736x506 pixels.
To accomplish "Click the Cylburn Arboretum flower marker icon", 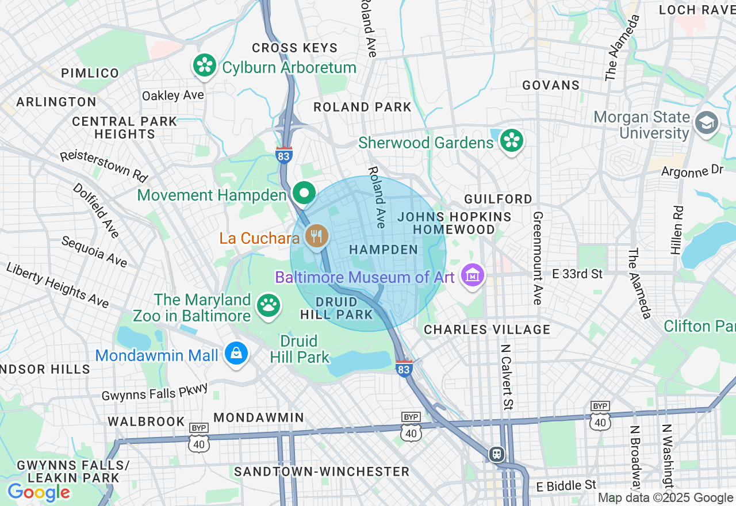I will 204,66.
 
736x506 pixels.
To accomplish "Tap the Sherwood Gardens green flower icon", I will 511,141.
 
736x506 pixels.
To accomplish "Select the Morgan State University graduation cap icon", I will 706,123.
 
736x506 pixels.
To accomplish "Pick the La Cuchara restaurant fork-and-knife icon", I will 316,236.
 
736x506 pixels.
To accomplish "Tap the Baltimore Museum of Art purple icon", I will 473,276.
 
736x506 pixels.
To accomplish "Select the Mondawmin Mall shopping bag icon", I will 236,354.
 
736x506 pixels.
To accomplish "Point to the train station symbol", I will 496,454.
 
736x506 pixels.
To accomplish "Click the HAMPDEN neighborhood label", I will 384,250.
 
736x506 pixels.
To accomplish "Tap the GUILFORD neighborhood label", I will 498,199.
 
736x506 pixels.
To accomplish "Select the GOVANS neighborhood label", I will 551,85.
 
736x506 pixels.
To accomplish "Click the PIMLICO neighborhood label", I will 90,73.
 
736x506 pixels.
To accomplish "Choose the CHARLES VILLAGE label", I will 487,329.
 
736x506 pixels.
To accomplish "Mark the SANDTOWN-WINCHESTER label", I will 321,471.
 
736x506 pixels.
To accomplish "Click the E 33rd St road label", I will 577,274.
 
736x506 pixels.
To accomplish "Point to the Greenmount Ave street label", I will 538,258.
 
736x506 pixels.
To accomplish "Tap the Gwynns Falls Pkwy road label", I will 155,392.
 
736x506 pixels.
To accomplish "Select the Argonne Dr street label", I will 692,171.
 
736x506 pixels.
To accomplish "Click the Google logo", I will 39,492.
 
